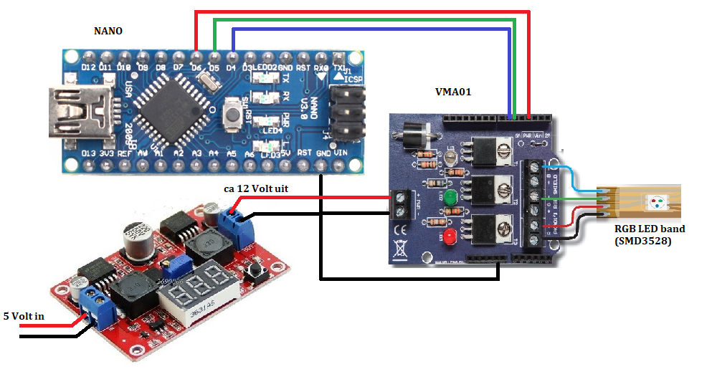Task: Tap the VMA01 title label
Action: (x=453, y=92)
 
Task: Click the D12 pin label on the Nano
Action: (x=87, y=67)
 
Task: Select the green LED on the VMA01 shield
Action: (x=450, y=199)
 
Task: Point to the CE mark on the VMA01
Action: (x=401, y=231)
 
